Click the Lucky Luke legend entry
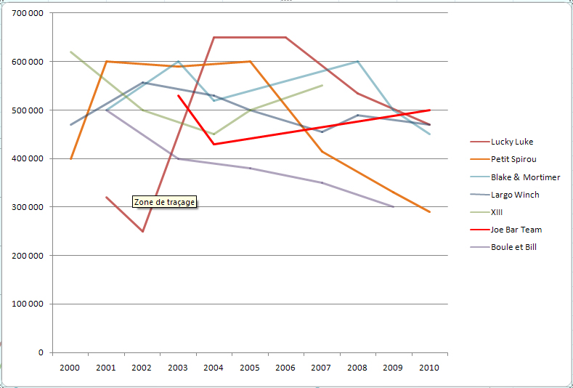[x=512, y=142]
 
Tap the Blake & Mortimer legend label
[x=525, y=177]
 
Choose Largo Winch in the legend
[x=515, y=195]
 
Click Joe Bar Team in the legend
[x=516, y=230]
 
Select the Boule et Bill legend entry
[x=513, y=247]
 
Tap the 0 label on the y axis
[x=41, y=352]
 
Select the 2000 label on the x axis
[x=70, y=368]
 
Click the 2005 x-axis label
[x=250, y=368]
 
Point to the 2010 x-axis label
[x=429, y=368]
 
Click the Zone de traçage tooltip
[x=165, y=202]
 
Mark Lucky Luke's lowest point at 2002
[x=142, y=231]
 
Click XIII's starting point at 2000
[x=71, y=52]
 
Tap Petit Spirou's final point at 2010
[x=429, y=211]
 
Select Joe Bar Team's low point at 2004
[x=214, y=144]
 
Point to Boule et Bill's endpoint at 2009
[x=394, y=207]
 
